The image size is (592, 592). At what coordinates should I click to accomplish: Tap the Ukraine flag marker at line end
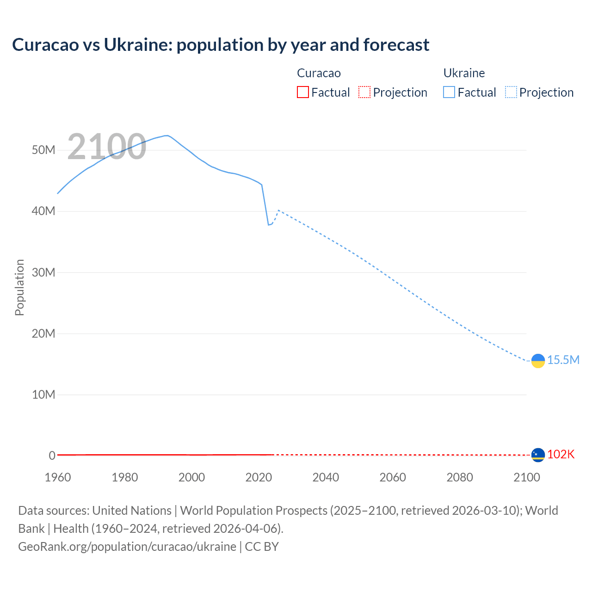tap(538, 361)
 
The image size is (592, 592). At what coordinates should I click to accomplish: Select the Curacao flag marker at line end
tap(538, 455)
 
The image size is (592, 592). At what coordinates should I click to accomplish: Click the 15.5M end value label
tap(563, 360)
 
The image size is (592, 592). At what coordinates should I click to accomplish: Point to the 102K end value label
tap(561, 454)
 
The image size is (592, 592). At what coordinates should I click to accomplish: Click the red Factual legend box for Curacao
tap(302, 92)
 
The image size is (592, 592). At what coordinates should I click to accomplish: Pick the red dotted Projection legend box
tap(364, 92)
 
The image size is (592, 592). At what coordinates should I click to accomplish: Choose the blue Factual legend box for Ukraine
tap(449, 92)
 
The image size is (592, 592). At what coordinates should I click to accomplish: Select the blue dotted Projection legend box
tap(511, 92)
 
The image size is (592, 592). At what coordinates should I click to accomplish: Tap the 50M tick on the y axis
tap(43, 150)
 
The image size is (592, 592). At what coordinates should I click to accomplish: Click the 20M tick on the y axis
tap(43, 333)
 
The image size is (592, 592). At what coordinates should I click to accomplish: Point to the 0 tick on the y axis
tap(52, 456)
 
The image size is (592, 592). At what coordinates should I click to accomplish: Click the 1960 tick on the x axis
tap(58, 477)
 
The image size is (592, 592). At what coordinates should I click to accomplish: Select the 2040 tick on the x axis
tap(326, 477)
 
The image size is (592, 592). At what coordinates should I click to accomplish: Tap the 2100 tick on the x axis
tap(526, 477)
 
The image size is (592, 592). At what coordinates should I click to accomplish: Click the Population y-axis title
tap(19, 287)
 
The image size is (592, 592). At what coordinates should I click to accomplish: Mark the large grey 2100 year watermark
tap(107, 147)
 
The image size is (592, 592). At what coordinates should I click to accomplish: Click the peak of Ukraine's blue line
tap(166, 136)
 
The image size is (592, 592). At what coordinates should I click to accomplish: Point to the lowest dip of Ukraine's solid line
tap(268, 225)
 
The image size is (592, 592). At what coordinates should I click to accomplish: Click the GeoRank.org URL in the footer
tap(127, 546)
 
